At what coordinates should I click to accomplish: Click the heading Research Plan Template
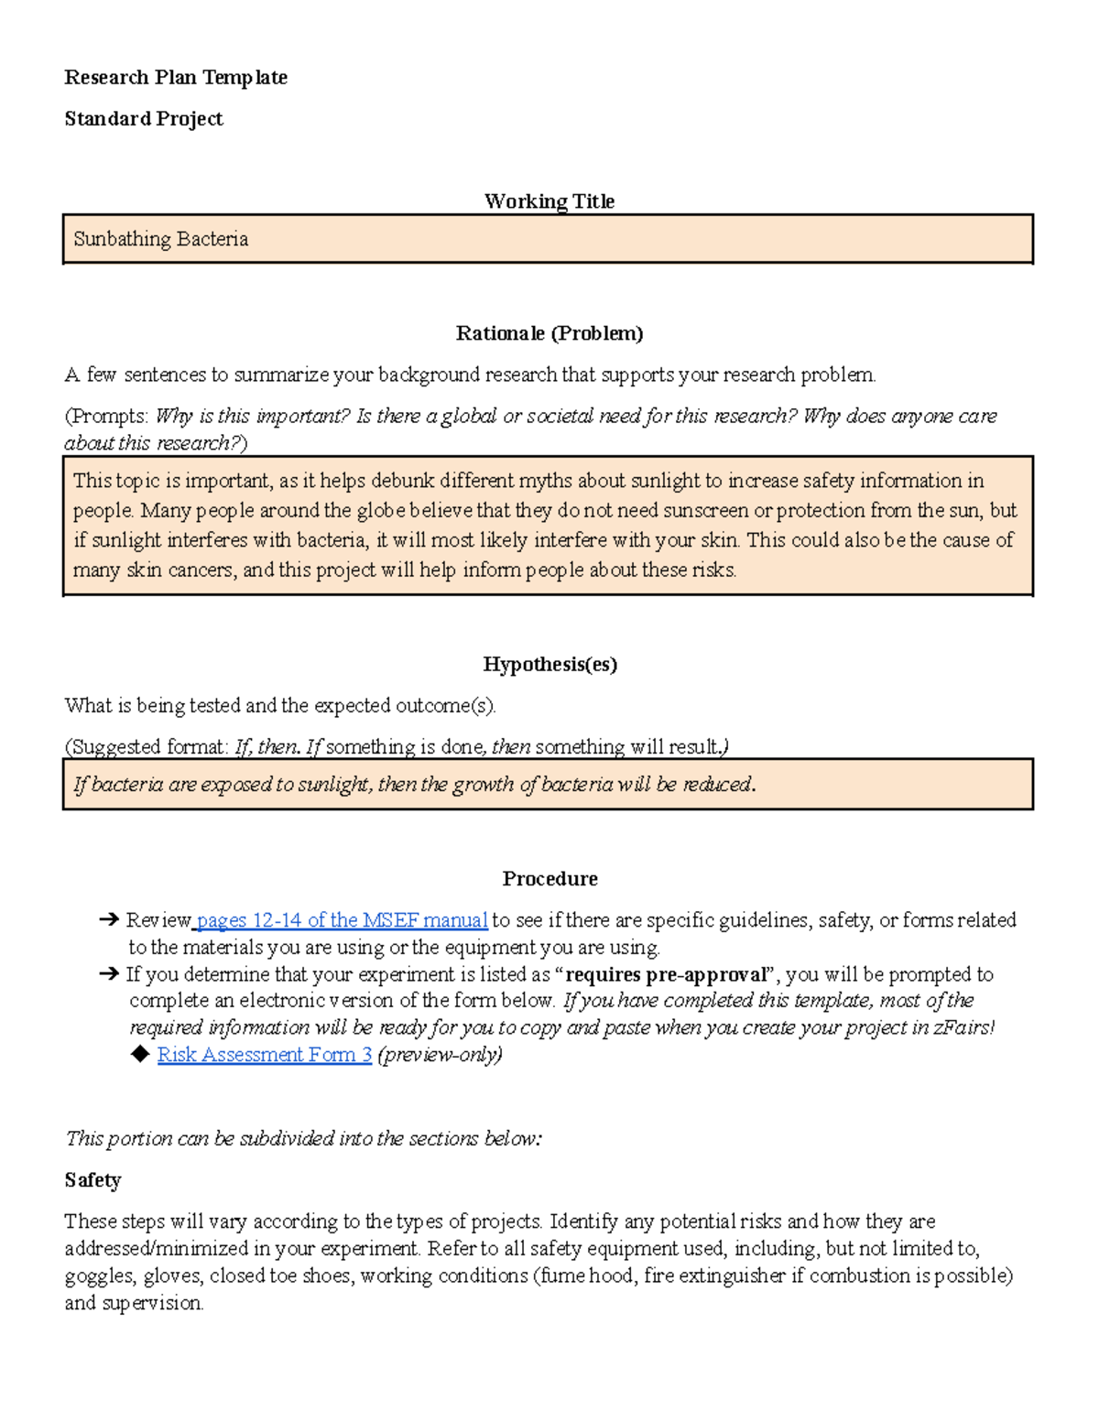click(176, 78)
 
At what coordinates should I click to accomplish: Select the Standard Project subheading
click(144, 119)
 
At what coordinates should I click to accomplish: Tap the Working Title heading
click(549, 201)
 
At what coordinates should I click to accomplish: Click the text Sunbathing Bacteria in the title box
click(161, 239)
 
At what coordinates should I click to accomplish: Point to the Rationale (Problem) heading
click(549, 333)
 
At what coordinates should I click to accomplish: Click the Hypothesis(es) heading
click(549, 665)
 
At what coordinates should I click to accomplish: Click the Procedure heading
click(549, 879)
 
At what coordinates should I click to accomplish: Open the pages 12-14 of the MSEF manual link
click(342, 920)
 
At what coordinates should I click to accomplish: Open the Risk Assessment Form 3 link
click(265, 1055)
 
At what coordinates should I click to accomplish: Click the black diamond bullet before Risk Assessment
click(140, 1055)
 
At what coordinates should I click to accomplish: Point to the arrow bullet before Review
click(108, 920)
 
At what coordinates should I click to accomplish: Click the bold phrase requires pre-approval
click(665, 974)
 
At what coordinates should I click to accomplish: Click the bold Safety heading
click(92, 1180)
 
